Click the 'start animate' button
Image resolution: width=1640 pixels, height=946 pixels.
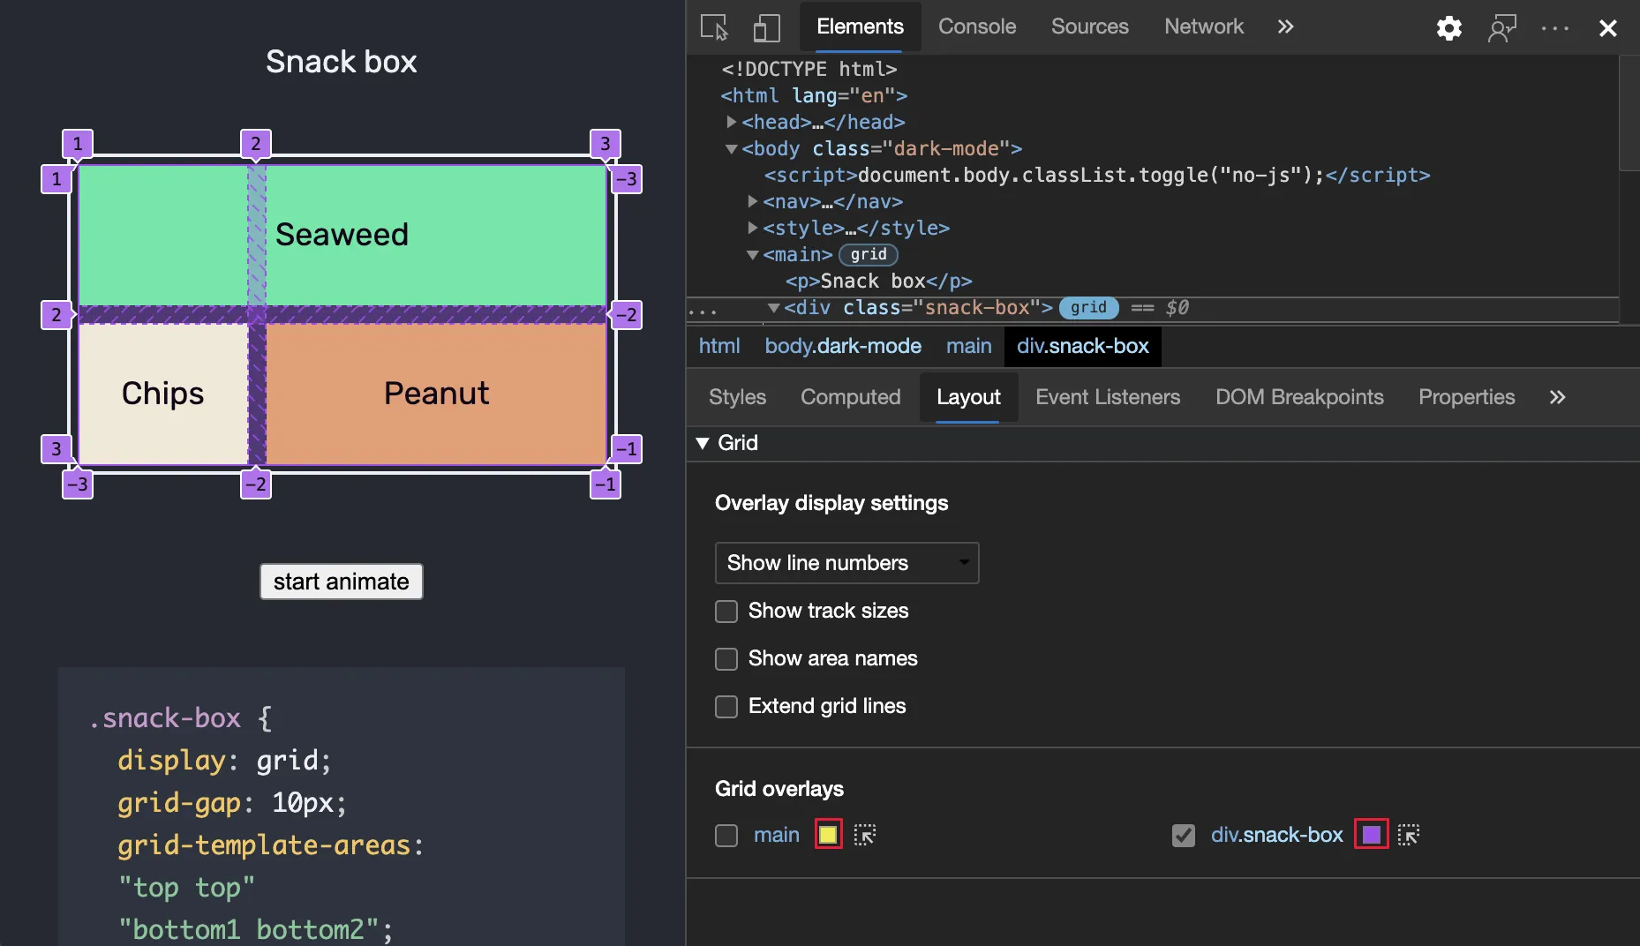point(341,582)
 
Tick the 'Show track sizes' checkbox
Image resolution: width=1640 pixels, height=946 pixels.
point(726,612)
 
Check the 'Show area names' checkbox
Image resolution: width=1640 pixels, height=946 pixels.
point(726,659)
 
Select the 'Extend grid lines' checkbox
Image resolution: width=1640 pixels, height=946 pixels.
point(726,707)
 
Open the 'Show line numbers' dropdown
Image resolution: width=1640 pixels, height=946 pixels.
point(846,563)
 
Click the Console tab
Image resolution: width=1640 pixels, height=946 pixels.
point(976,26)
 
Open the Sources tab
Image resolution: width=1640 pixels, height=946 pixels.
point(1089,26)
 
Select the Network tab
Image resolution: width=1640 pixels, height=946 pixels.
point(1203,26)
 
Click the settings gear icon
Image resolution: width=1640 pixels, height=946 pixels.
point(1448,28)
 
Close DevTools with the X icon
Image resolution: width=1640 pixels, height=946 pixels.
point(1607,28)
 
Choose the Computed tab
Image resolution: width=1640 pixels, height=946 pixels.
point(850,397)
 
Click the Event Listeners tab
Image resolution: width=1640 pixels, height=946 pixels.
point(1107,397)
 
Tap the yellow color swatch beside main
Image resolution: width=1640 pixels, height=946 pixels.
point(828,835)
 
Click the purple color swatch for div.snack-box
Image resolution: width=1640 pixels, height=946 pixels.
point(1371,835)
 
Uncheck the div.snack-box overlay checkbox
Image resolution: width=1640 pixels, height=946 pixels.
point(1183,835)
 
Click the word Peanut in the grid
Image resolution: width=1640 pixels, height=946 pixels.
point(436,394)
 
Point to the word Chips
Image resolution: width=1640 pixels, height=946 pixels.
point(162,394)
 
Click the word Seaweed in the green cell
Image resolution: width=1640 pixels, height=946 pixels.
point(342,235)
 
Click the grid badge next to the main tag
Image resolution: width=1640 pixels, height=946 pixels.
point(869,255)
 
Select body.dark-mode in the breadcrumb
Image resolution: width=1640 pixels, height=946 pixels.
point(843,346)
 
